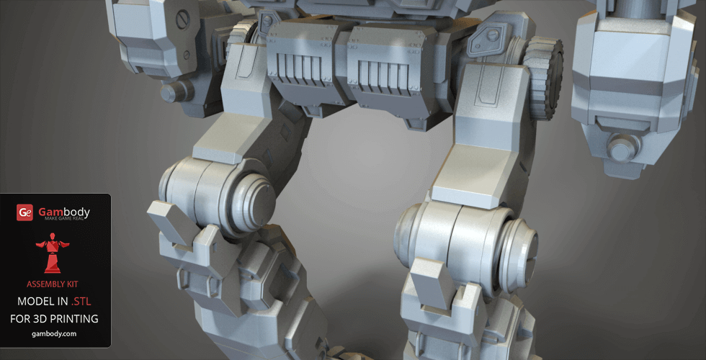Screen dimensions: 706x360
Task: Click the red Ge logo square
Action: tap(24, 213)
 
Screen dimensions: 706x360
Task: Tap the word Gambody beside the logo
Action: tap(64, 212)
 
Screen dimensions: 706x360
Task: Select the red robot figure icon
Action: tap(53, 253)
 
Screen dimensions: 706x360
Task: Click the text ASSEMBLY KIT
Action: tap(52, 284)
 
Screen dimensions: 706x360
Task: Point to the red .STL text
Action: tap(81, 301)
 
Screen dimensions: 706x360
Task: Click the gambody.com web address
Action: tap(54, 334)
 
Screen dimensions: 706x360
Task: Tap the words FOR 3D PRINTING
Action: tap(54, 318)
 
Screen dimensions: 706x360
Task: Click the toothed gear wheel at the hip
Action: tap(544, 78)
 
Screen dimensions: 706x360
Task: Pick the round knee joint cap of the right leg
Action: tap(518, 255)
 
